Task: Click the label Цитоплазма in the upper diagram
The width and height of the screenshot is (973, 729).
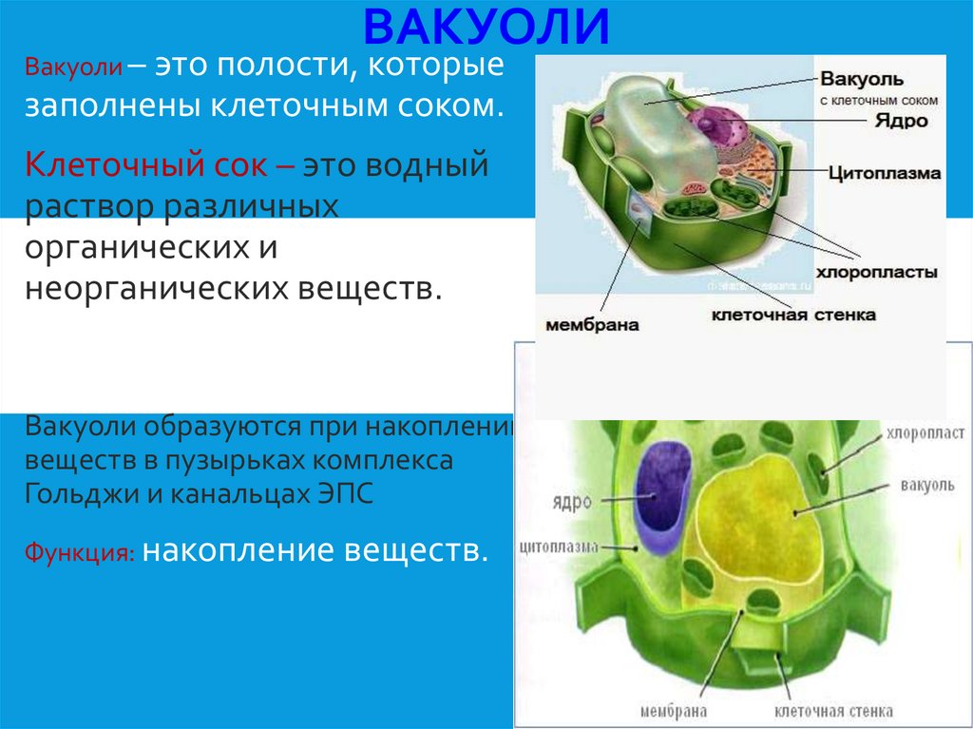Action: click(x=884, y=174)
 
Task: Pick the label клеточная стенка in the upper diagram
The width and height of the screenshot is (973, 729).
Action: click(x=793, y=315)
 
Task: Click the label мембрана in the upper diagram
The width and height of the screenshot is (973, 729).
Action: click(x=591, y=325)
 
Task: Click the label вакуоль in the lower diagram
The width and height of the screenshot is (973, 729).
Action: click(x=927, y=486)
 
